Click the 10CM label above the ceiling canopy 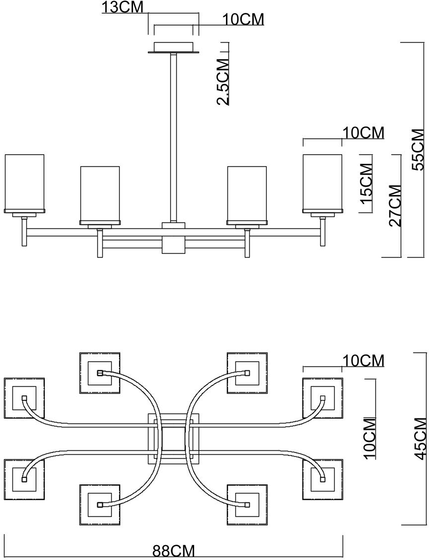(243, 19)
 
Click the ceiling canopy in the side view (173, 48)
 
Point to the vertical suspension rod (173, 138)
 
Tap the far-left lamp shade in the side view (24, 183)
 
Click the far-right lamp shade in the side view (322, 183)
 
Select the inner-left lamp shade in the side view (100, 195)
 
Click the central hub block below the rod (173, 238)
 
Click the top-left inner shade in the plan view (100, 373)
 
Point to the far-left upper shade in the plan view (24, 398)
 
